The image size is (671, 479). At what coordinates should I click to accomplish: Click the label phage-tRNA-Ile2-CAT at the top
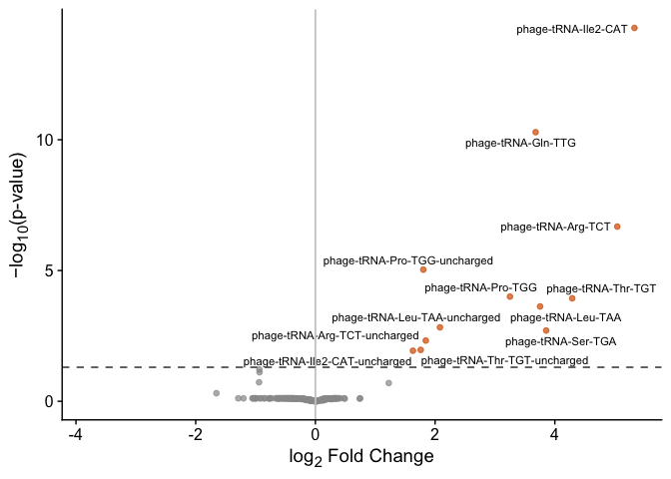[572, 30]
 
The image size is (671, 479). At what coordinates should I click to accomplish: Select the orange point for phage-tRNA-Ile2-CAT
[634, 28]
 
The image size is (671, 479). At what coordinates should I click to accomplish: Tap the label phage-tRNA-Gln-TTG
[520, 144]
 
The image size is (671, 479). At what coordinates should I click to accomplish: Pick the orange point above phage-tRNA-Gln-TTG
[535, 132]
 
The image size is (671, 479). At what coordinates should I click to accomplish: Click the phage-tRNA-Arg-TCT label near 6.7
[555, 228]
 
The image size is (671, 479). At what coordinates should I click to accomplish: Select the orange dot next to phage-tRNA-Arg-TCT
[617, 227]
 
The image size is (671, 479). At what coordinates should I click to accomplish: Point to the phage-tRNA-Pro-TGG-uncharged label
[408, 260]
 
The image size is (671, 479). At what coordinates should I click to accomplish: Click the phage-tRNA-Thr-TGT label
[587, 288]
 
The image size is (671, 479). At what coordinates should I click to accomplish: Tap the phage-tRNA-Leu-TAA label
[565, 318]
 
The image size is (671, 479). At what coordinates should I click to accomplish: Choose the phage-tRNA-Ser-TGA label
[560, 341]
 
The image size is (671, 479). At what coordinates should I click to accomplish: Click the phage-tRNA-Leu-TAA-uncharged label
[415, 317]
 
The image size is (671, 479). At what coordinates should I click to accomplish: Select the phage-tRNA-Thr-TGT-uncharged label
[504, 360]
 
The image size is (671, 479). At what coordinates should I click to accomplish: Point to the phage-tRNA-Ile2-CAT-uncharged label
[328, 361]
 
